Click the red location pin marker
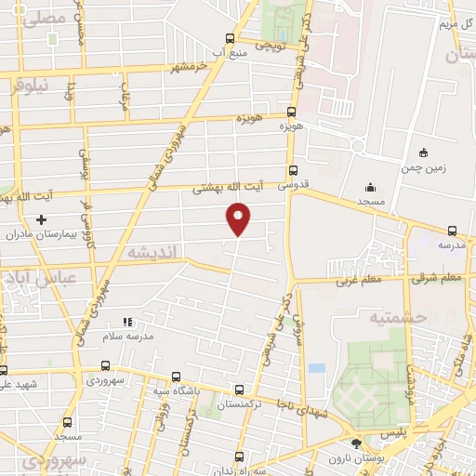(238, 218)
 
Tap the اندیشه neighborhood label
(150, 253)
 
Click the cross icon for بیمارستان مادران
(41, 220)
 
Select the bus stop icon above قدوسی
(293, 170)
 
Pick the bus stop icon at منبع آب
(230, 38)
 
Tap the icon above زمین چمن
(424, 152)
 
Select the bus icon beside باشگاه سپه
(176, 377)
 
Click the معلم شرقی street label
(440, 277)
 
